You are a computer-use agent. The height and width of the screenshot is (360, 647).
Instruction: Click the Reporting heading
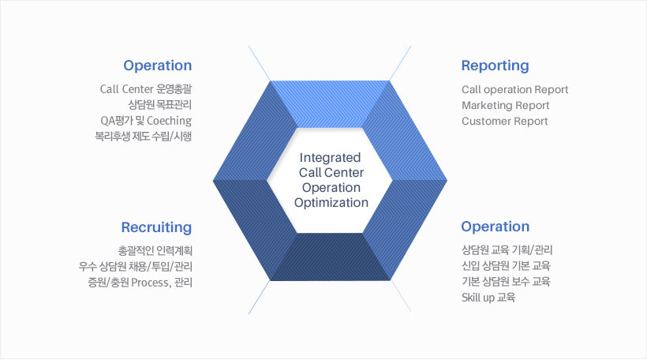495,66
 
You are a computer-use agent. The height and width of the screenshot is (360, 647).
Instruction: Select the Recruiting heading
156,227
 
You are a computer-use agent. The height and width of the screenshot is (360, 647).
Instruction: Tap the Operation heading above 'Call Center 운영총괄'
158,66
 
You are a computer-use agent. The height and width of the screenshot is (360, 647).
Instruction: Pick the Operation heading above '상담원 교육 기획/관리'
496,227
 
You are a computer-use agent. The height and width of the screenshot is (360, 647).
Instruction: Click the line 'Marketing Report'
506,106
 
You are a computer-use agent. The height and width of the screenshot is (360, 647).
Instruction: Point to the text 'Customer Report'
505,122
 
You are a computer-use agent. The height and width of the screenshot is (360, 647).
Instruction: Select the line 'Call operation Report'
515,90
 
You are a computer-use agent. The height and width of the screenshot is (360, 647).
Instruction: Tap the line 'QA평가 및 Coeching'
146,121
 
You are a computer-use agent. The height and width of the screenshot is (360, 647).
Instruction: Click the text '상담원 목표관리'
160,105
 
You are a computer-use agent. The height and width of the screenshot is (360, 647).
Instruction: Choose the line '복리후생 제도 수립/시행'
144,137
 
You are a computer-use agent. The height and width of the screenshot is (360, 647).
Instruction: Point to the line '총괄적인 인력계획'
155,250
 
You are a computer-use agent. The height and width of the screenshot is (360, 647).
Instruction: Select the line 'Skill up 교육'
488,298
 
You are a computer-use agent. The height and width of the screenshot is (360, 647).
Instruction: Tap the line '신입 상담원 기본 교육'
506,266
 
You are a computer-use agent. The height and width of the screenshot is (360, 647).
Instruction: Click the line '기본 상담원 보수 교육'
506,282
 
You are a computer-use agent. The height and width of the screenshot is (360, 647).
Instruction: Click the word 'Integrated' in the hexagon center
330,158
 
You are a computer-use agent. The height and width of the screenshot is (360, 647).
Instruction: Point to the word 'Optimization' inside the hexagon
331,203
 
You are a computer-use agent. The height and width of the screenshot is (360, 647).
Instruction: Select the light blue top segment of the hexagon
330,104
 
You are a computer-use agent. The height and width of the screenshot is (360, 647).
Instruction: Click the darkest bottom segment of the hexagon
330,257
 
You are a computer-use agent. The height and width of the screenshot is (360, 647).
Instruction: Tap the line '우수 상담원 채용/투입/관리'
136,267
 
